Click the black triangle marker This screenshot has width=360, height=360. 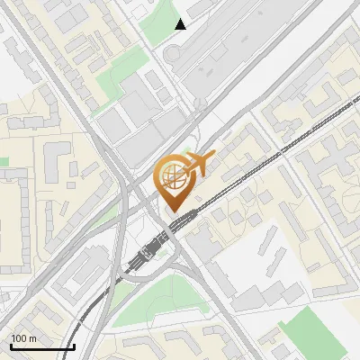point(181,24)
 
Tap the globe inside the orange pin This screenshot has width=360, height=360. point(174,176)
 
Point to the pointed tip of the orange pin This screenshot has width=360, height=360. point(174,212)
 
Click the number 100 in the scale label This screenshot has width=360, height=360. point(20,338)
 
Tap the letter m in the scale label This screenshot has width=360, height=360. point(34,338)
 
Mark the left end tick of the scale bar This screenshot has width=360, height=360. point(10,346)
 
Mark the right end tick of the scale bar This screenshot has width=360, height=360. point(74,346)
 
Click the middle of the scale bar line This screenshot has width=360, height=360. point(42,347)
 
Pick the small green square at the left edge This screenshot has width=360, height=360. point(4,162)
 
